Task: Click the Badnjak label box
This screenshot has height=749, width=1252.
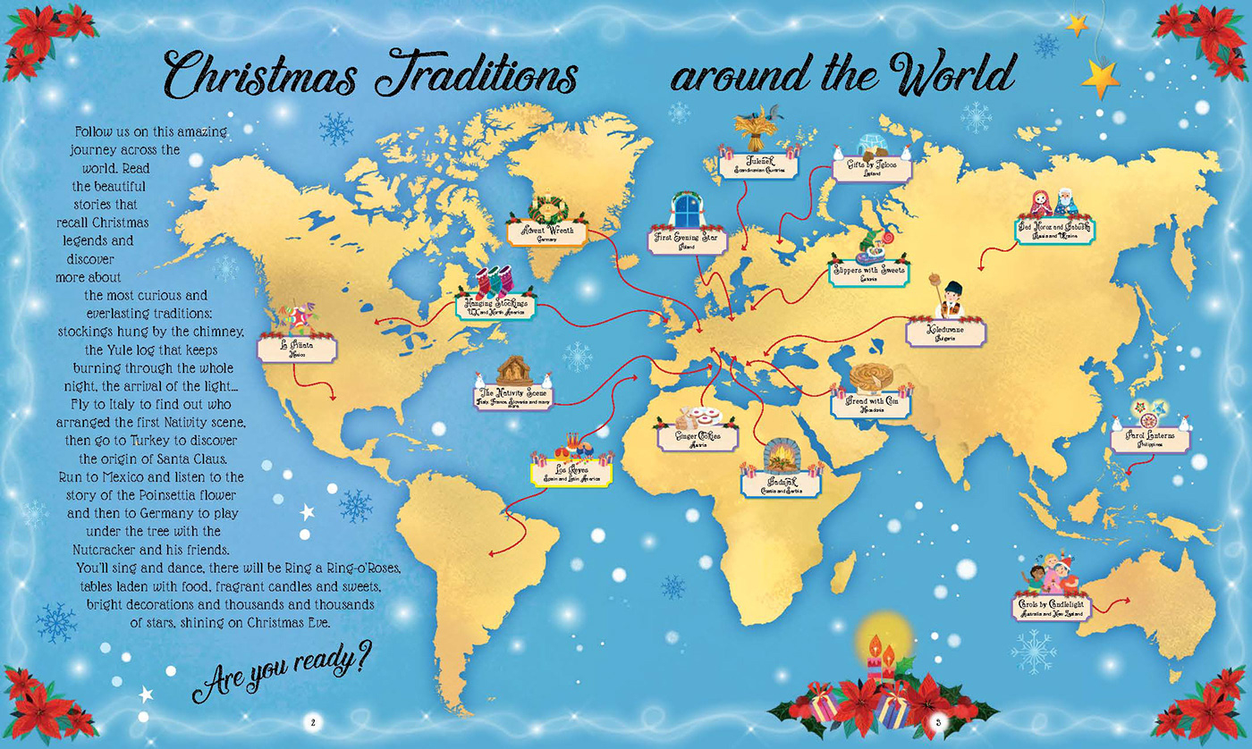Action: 781,484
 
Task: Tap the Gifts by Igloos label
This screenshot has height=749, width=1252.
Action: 863,169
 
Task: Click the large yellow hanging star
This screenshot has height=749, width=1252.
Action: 1101,78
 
